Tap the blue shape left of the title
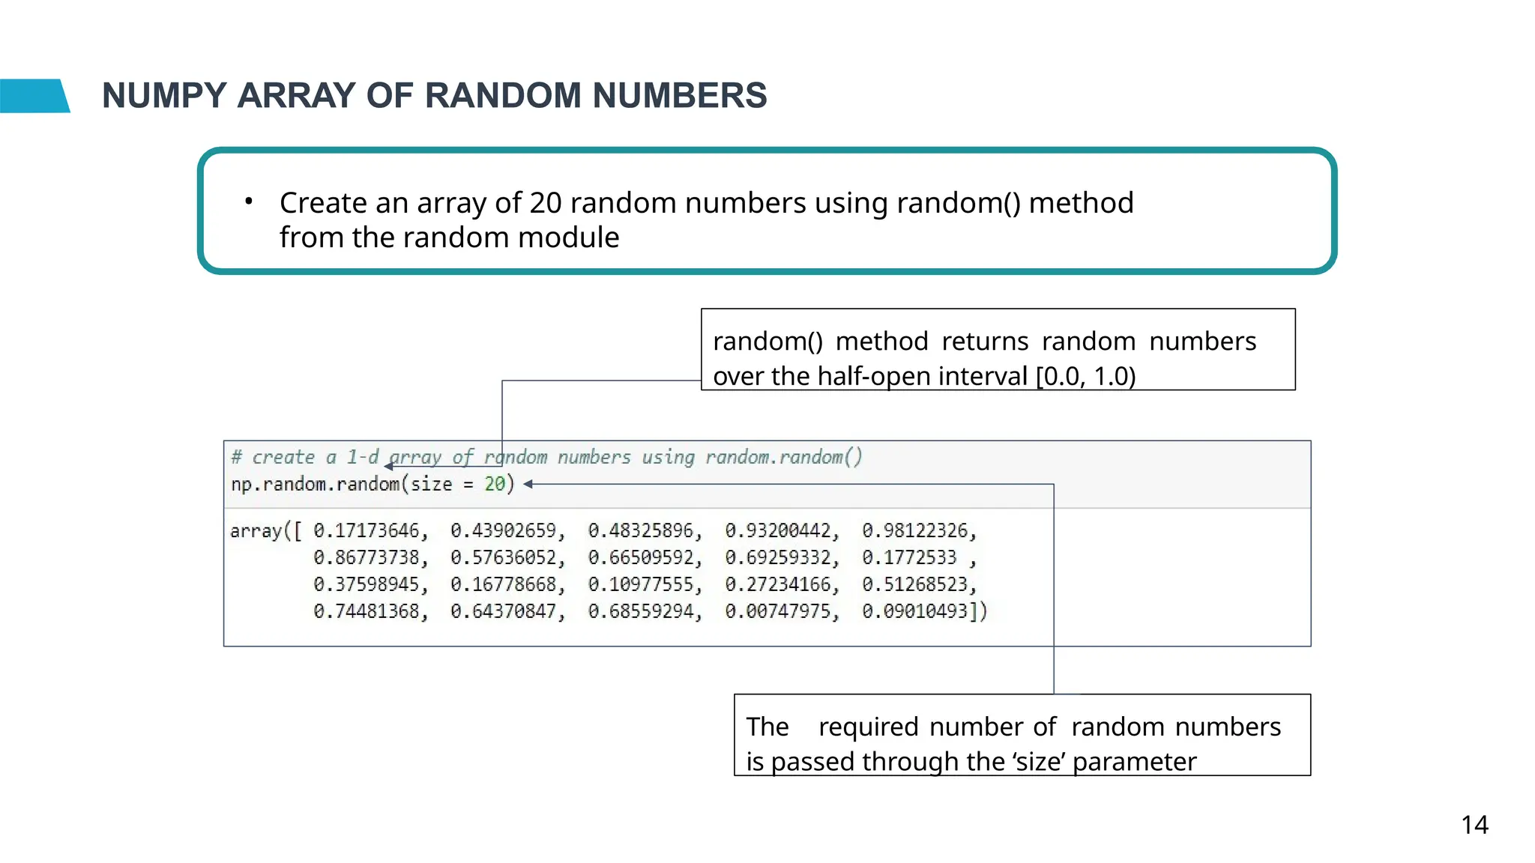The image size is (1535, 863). point(34,96)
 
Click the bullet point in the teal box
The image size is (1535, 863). point(248,202)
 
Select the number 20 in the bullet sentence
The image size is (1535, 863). point(546,203)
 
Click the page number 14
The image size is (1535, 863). point(1474,825)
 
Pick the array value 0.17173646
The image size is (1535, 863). point(367,531)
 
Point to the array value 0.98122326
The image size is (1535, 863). point(915,531)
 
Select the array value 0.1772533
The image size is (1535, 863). point(909,558)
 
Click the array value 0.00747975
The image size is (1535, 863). point(778,612)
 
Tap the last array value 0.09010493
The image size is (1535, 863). point(915,612)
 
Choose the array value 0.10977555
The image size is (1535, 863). point(641,585)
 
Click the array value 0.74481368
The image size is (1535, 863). point(367,612)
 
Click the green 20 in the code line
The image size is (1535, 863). point(495,485)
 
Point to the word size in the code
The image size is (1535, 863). point(431,485)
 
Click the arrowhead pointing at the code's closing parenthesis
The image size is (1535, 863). point(528,485)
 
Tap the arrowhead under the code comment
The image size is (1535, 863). point(388,467)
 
